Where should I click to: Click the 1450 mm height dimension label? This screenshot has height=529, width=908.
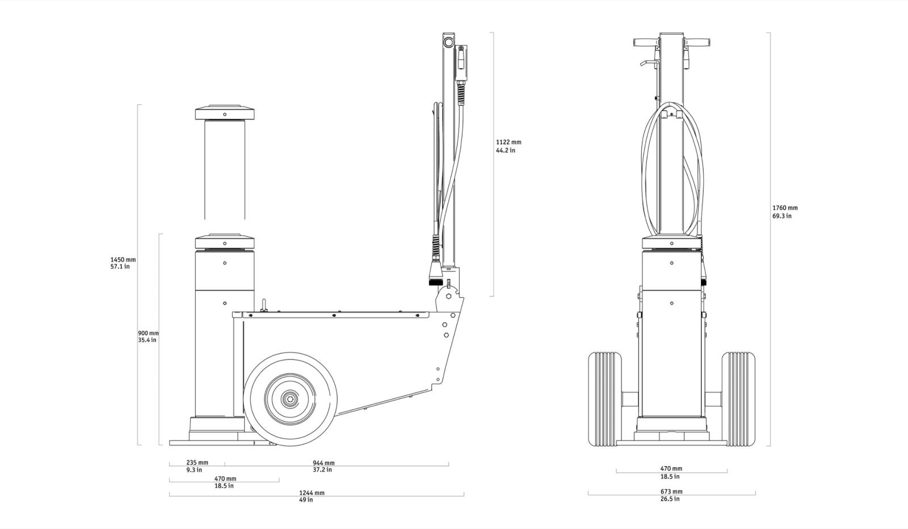[123, 263]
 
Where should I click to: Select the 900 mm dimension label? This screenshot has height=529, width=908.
[148, 337]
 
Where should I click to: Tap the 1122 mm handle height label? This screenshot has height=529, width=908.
[508, 146]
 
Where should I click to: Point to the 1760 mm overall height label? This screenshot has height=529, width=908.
[785, 212]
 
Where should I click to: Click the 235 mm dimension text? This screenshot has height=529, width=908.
[197, 466]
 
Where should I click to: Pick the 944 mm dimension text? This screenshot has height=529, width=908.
[323, 466]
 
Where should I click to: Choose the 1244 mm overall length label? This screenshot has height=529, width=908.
[312, 496]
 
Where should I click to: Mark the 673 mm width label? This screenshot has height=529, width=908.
[671, 495]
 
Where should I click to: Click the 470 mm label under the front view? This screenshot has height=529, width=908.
[671, 472]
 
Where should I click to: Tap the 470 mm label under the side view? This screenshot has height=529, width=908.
[225, 482]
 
